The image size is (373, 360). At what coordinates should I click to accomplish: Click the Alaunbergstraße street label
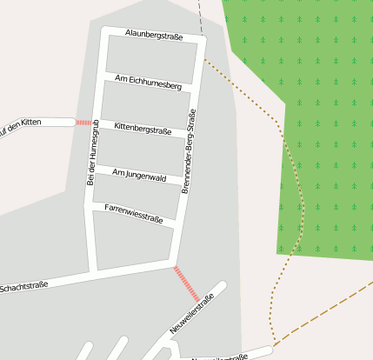coord(153,34)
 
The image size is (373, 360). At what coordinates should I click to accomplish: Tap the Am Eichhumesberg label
coord(149,83)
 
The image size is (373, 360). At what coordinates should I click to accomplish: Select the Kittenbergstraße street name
coord(143,129)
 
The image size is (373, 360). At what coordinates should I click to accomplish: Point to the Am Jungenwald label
coord(139,175)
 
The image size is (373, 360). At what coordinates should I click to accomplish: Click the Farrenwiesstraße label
coord(134,213)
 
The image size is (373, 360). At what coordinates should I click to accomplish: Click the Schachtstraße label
coord(23,286)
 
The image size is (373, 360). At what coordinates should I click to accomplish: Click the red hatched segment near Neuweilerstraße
coord(186,283)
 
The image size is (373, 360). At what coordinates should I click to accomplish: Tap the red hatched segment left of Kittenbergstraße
coord(83,123)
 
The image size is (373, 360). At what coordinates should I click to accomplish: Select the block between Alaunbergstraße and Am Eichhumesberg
coord(152,57)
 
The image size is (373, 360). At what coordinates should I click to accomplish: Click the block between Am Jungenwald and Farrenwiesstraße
coord(136,194)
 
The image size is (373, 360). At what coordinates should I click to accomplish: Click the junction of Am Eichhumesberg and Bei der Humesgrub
coord(103,76)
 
